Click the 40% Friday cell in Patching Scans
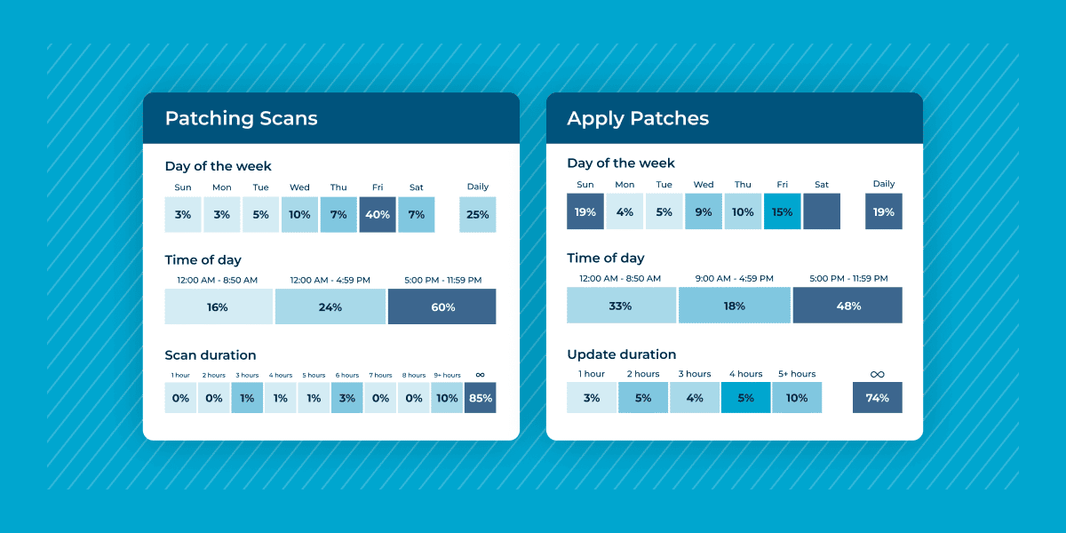(x=378, y=215)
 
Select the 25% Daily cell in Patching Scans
(x=477, y=215)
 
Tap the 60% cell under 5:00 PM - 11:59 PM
(x=442, y=306)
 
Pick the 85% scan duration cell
(x=480, y=398)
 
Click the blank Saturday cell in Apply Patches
(x=821, y=211)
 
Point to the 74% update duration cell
(x=877, y=397)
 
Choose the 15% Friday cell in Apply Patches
(x=782, y=211)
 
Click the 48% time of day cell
(x=847, y=305)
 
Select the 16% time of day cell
(x=218, y=306)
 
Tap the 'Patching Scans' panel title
(x=241, y=118)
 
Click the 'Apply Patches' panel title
(x=638, y=118)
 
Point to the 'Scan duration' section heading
(x=211, y=355)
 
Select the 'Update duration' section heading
(x=621, y=354)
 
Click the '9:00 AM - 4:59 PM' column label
(x=734, y=278)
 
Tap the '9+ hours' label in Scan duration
(x=447, y=375)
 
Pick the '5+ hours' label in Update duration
(x=796, y=374)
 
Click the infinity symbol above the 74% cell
(x=877, y=374)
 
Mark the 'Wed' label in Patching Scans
(x=299, y=187)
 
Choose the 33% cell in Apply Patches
(x=620, y=305)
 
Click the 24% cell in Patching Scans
(x=330, y=306)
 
